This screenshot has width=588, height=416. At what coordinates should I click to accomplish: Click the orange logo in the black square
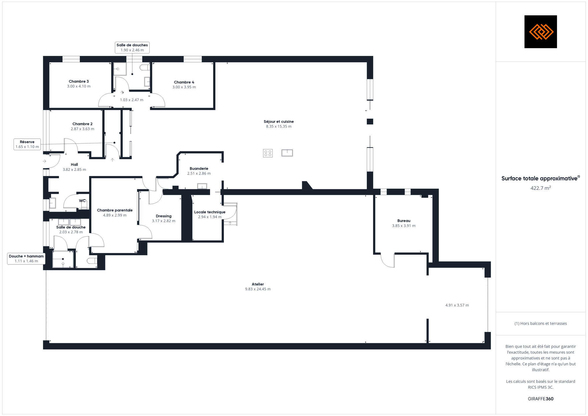(541, 31)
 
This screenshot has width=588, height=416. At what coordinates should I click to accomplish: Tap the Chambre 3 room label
(79, 81)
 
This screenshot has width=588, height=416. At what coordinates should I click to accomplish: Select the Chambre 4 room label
(184, 82)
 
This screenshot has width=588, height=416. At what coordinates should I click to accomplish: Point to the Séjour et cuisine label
(279, 122)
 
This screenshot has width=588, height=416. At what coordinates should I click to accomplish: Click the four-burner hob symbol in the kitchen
(268, 153)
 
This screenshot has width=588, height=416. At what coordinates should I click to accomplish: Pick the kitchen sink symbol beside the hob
(287, 153)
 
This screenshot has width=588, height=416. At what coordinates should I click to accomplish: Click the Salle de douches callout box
(132, 47)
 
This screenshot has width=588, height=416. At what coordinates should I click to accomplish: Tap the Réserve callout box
(27, 144)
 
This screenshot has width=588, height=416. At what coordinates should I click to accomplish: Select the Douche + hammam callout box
(26, 259)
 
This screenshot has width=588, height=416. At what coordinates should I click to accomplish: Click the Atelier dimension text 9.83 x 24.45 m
(258, 289)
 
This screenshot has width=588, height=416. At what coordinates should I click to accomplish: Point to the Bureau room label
(404, 221)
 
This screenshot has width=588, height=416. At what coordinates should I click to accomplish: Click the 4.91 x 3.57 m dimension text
(457, 305)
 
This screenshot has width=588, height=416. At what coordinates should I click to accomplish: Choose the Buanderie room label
(199, 169)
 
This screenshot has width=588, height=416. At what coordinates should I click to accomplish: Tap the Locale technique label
(210, 212)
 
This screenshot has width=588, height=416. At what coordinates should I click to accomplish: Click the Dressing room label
(164, 216)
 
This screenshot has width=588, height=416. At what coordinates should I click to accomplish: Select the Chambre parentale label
(115, 210)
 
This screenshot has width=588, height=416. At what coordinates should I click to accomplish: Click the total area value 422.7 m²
(541, 188)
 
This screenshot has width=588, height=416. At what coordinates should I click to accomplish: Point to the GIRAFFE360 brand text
(541, 399)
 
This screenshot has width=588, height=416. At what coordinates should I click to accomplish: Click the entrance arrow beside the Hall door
(44, 161)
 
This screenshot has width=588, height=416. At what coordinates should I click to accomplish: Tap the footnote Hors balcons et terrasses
(541, 324)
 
